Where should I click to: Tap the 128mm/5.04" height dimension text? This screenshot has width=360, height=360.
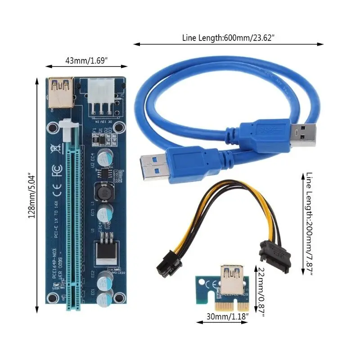[31, 195]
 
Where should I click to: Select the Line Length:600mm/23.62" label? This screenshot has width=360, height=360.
[229, 38]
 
